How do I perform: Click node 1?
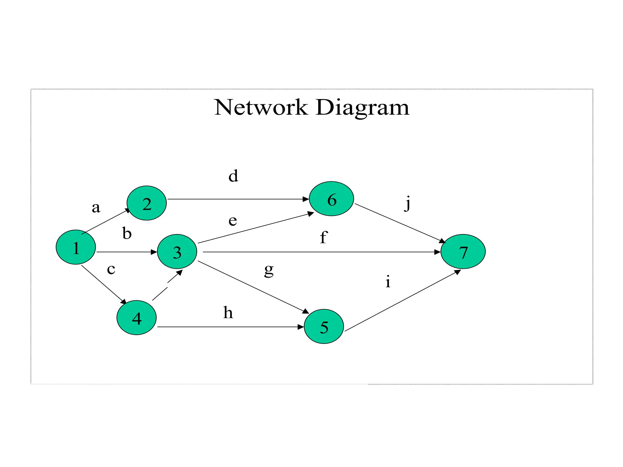[76, 247]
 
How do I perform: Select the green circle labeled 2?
[147, 203]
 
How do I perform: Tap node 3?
[177, 251]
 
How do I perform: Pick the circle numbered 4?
[137, 318]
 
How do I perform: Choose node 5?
[324, 327]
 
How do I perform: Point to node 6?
[331, 199]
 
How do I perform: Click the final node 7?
[463, 251]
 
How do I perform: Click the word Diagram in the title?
[362, 108]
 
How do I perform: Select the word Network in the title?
[261, 108]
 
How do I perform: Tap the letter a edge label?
[96, 208]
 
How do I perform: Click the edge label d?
[233, 176]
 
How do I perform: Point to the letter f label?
[323, 237]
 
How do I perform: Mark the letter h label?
[228, 313]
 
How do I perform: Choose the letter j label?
[408, 203]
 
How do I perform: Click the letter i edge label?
[388, 282]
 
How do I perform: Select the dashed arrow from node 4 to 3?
[167, 285]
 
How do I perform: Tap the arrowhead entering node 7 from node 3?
[437, 252]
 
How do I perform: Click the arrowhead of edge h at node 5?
[301, 327]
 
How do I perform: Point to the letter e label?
[233, 220]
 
